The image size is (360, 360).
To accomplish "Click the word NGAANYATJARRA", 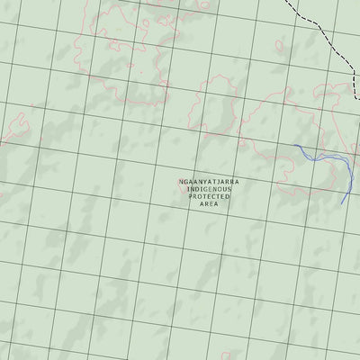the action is click(x=209, y=182).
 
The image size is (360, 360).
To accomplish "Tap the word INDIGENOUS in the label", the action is click(x=209, y=190).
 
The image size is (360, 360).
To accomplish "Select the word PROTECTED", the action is click(x=209, y=198).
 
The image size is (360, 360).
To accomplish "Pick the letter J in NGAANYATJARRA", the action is click(x=220, y=182).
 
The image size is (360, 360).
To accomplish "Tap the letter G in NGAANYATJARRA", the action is click(x=187, y=182).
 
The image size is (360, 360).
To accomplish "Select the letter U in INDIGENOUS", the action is click(x=228, y=190).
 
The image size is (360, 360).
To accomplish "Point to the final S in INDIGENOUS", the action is click(x=233, y=190).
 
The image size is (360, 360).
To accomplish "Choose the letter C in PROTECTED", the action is click(x=216, y=198).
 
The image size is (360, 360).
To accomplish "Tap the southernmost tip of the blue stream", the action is click(x=342, y=204).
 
